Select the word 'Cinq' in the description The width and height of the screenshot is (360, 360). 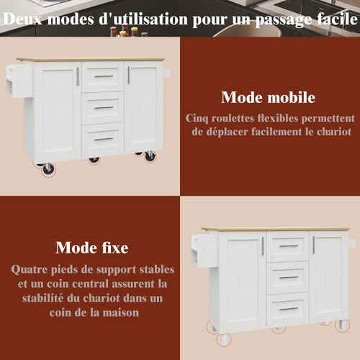click(x=199, y=118)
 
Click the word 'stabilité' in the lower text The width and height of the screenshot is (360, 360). click(x=43, y=298)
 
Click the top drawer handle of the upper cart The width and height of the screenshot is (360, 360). click(x=104, y=76)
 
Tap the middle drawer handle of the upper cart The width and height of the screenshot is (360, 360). click(x=104, y=108)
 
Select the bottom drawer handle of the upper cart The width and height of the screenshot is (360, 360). click(x=104, y=139)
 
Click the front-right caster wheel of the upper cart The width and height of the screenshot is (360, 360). click(x=150, y=156)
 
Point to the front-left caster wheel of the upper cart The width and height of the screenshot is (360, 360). click(x=48, y=168)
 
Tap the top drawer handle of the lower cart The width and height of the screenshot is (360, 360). click(x=288, y=246)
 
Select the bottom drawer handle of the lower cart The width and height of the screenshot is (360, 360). click(x=288, y=309)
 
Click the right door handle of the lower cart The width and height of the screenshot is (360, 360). click(x=312, y=246)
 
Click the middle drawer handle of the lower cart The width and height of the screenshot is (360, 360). click(x=288, y=277)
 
